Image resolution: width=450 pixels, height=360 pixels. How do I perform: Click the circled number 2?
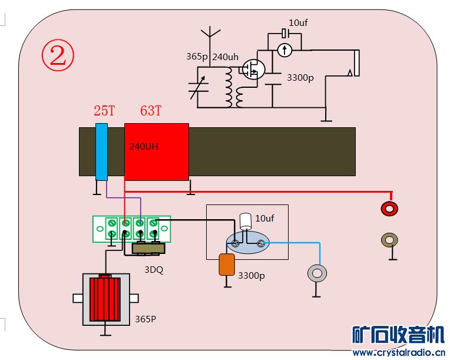tap(58, 55)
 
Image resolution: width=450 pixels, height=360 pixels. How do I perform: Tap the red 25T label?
tap(104, 110)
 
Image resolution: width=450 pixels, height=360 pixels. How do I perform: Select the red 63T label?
tap(151, 110)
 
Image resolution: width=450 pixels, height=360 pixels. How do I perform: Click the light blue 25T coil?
tap(101, 151)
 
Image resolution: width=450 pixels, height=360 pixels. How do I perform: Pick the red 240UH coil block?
tap(157, 151)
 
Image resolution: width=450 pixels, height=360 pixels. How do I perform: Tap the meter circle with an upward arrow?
tap(284, 50)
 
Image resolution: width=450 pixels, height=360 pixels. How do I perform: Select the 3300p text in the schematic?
tap(300, 77)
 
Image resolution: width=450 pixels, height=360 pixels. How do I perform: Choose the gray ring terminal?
tap(317, 273)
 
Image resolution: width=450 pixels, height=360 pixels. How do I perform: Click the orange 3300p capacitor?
tap(227, 265)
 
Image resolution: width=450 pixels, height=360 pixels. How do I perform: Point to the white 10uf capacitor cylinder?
tap(246, 222)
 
